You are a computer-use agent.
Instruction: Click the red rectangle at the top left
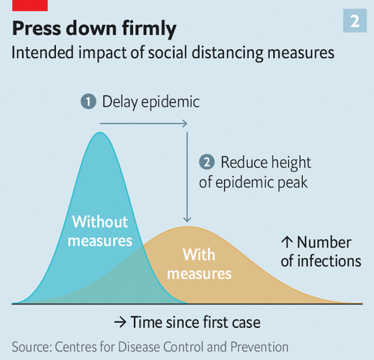coord(24,5)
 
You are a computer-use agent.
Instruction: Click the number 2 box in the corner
coord(355,21)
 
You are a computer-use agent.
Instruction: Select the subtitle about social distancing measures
coord(173,53)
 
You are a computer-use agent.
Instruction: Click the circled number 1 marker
coord(88,102)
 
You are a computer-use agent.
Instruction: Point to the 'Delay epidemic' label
coord(151,102)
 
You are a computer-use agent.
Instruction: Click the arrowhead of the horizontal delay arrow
coord(185,123)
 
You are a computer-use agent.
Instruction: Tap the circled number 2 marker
coord(206,162)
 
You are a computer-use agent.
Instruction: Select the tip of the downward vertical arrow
coord(186,220)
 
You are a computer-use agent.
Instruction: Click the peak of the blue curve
coord(100,133)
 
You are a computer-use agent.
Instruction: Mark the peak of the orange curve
coord(185,227)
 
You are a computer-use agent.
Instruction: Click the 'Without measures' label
coord(100,231)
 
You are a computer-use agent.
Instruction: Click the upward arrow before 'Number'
coord(287,243)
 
